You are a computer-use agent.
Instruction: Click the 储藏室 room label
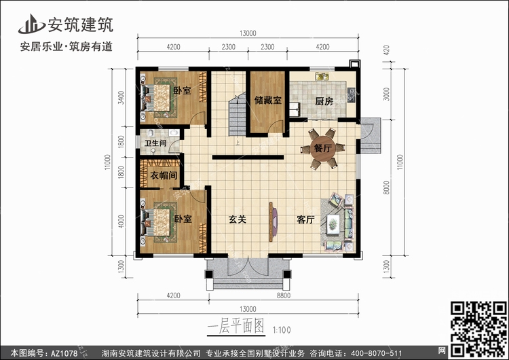tap(268, 100)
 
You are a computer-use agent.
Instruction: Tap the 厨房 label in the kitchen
tap(324, 101)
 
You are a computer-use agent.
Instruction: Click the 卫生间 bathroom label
tap(155, 143)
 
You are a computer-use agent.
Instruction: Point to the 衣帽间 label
tap(164, 175)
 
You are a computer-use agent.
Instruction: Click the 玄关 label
tap(238, 219)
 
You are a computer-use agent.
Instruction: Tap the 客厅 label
tap(305, 219)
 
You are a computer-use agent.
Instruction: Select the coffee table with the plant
tap(333, 223)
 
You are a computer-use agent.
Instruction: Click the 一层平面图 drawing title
tap(236, 325)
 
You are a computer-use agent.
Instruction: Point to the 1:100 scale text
tap(282, 330)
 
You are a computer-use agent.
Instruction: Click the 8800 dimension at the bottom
tap(284, 295)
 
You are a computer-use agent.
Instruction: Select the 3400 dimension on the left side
tap(121, 98)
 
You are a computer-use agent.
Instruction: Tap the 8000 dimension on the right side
tap(386, 187)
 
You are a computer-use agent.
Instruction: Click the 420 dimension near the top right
tap(386, 50)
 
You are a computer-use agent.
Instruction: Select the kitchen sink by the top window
tap(322, 76)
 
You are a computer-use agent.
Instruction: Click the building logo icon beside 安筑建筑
tap(31, 24)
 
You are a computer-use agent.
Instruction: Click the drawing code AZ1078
tap(64, 353)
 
